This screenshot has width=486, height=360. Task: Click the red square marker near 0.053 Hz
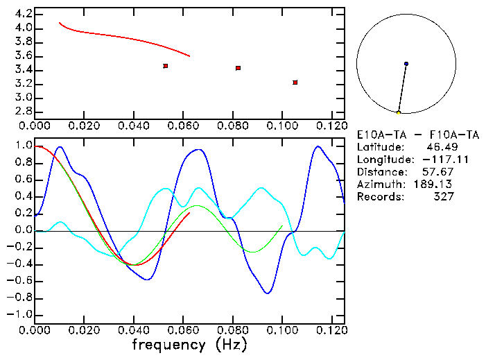(166, 66)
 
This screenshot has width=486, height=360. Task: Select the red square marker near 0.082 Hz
(238, 68)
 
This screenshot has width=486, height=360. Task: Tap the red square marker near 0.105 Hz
(295, 83)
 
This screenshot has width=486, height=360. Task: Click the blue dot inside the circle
(406, 64)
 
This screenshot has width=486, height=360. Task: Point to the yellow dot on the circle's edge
(399, 112)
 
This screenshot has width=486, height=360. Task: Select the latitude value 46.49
(440, 147)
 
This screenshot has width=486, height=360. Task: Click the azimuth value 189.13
(436, 185)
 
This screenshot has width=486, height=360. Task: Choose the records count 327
(443, 197)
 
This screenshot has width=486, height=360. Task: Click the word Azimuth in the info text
(379, 185)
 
